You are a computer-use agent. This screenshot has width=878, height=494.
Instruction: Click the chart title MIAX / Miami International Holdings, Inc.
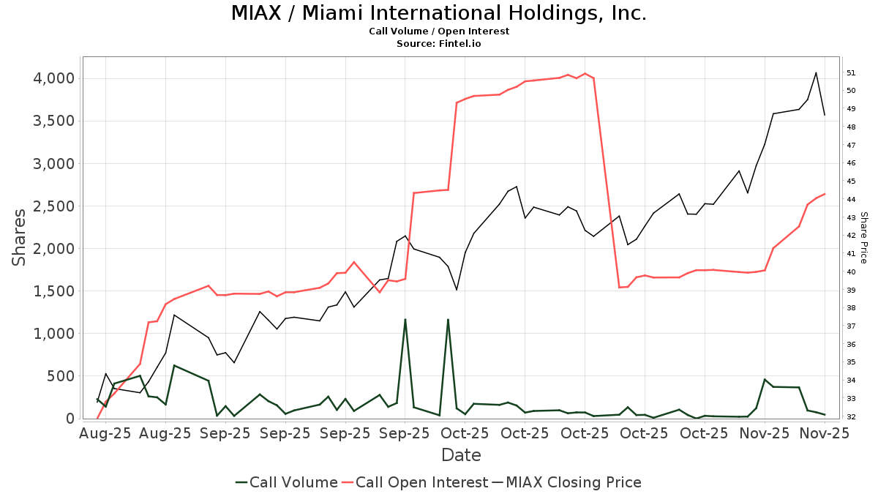point(439,14)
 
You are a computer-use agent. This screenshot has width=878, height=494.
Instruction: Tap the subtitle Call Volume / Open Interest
point(439,31)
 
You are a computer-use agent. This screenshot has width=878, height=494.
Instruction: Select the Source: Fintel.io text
point(439,44)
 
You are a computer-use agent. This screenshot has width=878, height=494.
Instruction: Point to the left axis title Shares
point(20,237)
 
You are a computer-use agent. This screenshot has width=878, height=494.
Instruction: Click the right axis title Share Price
point(863,237)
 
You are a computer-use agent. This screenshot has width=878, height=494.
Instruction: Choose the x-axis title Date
point(461,455)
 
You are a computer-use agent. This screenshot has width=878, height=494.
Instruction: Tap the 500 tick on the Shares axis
point(60,376)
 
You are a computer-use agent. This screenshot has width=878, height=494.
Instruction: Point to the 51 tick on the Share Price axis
point(852,72)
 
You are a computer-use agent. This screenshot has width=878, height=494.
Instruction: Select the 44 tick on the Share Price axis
point(852,199)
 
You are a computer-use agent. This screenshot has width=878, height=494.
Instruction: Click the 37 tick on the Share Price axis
point(852,326)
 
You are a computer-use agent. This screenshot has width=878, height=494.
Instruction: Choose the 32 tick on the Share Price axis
point(852,416)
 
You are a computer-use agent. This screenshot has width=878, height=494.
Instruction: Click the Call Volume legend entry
point(287,482)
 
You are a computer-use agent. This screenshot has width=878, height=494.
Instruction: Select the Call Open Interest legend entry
point(414,482)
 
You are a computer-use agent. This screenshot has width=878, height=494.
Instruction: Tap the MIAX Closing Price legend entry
point(566,482)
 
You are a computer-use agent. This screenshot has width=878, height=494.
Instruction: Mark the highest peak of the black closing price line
point(816,72)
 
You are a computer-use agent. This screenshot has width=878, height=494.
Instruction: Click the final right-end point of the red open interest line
point(825,194)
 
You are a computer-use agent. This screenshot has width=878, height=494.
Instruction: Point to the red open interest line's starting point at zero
point(97,418)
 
